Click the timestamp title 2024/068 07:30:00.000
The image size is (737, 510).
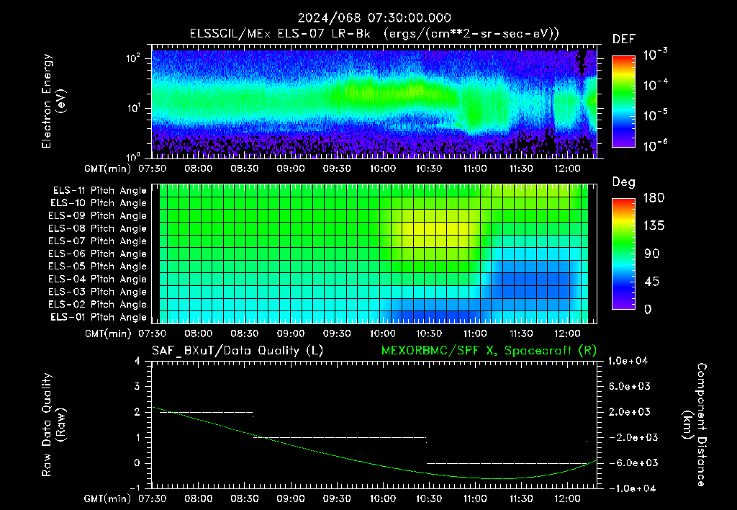[374, 18]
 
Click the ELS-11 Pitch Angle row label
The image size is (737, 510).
[99, 191]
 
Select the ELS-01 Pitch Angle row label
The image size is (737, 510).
[98, 318]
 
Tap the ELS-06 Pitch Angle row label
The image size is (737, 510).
[97, 254]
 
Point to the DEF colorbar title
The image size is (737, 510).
[624, 40]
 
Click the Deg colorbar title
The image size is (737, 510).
[624, 182]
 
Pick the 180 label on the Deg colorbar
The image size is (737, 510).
[654, 198]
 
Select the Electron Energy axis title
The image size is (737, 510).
[53, 101]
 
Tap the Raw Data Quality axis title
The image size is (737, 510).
[53, 425]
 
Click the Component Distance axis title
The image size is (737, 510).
[695, 425]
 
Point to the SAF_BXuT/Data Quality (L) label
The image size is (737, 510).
[238, 351]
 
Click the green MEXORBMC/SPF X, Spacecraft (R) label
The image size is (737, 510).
[489, 351]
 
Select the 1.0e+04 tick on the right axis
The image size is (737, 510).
[628, 362]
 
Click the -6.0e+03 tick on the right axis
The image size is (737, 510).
[629, 463]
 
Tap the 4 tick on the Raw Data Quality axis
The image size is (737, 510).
[137, 362]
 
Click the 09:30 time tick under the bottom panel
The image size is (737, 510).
[337, 498]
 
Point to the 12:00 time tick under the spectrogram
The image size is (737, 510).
[567, 169]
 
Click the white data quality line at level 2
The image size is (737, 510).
[207, 412]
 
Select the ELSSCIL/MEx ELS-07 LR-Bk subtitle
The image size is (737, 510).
[280, 34]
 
